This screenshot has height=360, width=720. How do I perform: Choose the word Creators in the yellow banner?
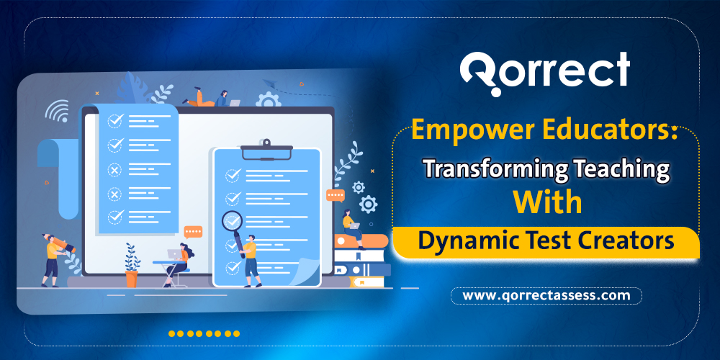coord(636,241)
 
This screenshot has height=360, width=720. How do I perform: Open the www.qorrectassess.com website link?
coord(546,295)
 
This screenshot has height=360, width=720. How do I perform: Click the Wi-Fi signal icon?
coord(56,111)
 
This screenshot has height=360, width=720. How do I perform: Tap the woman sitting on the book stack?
coord(351,225)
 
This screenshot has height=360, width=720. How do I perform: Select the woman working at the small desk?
coord(180,261)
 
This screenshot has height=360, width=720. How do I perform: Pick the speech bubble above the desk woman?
coord(193,232)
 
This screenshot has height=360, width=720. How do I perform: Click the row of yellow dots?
coord(204,334)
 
